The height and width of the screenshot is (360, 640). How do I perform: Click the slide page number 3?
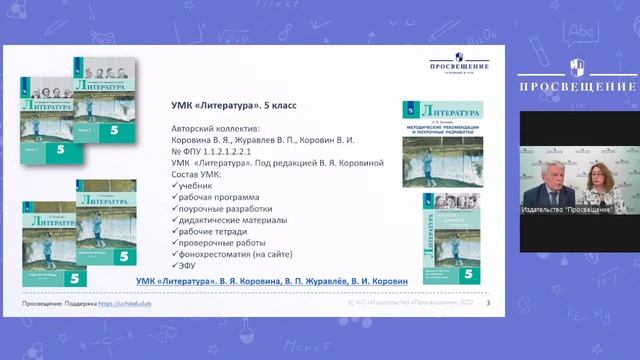pos(487,302)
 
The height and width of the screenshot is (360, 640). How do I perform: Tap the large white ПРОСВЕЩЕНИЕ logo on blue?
pos(574,78)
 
